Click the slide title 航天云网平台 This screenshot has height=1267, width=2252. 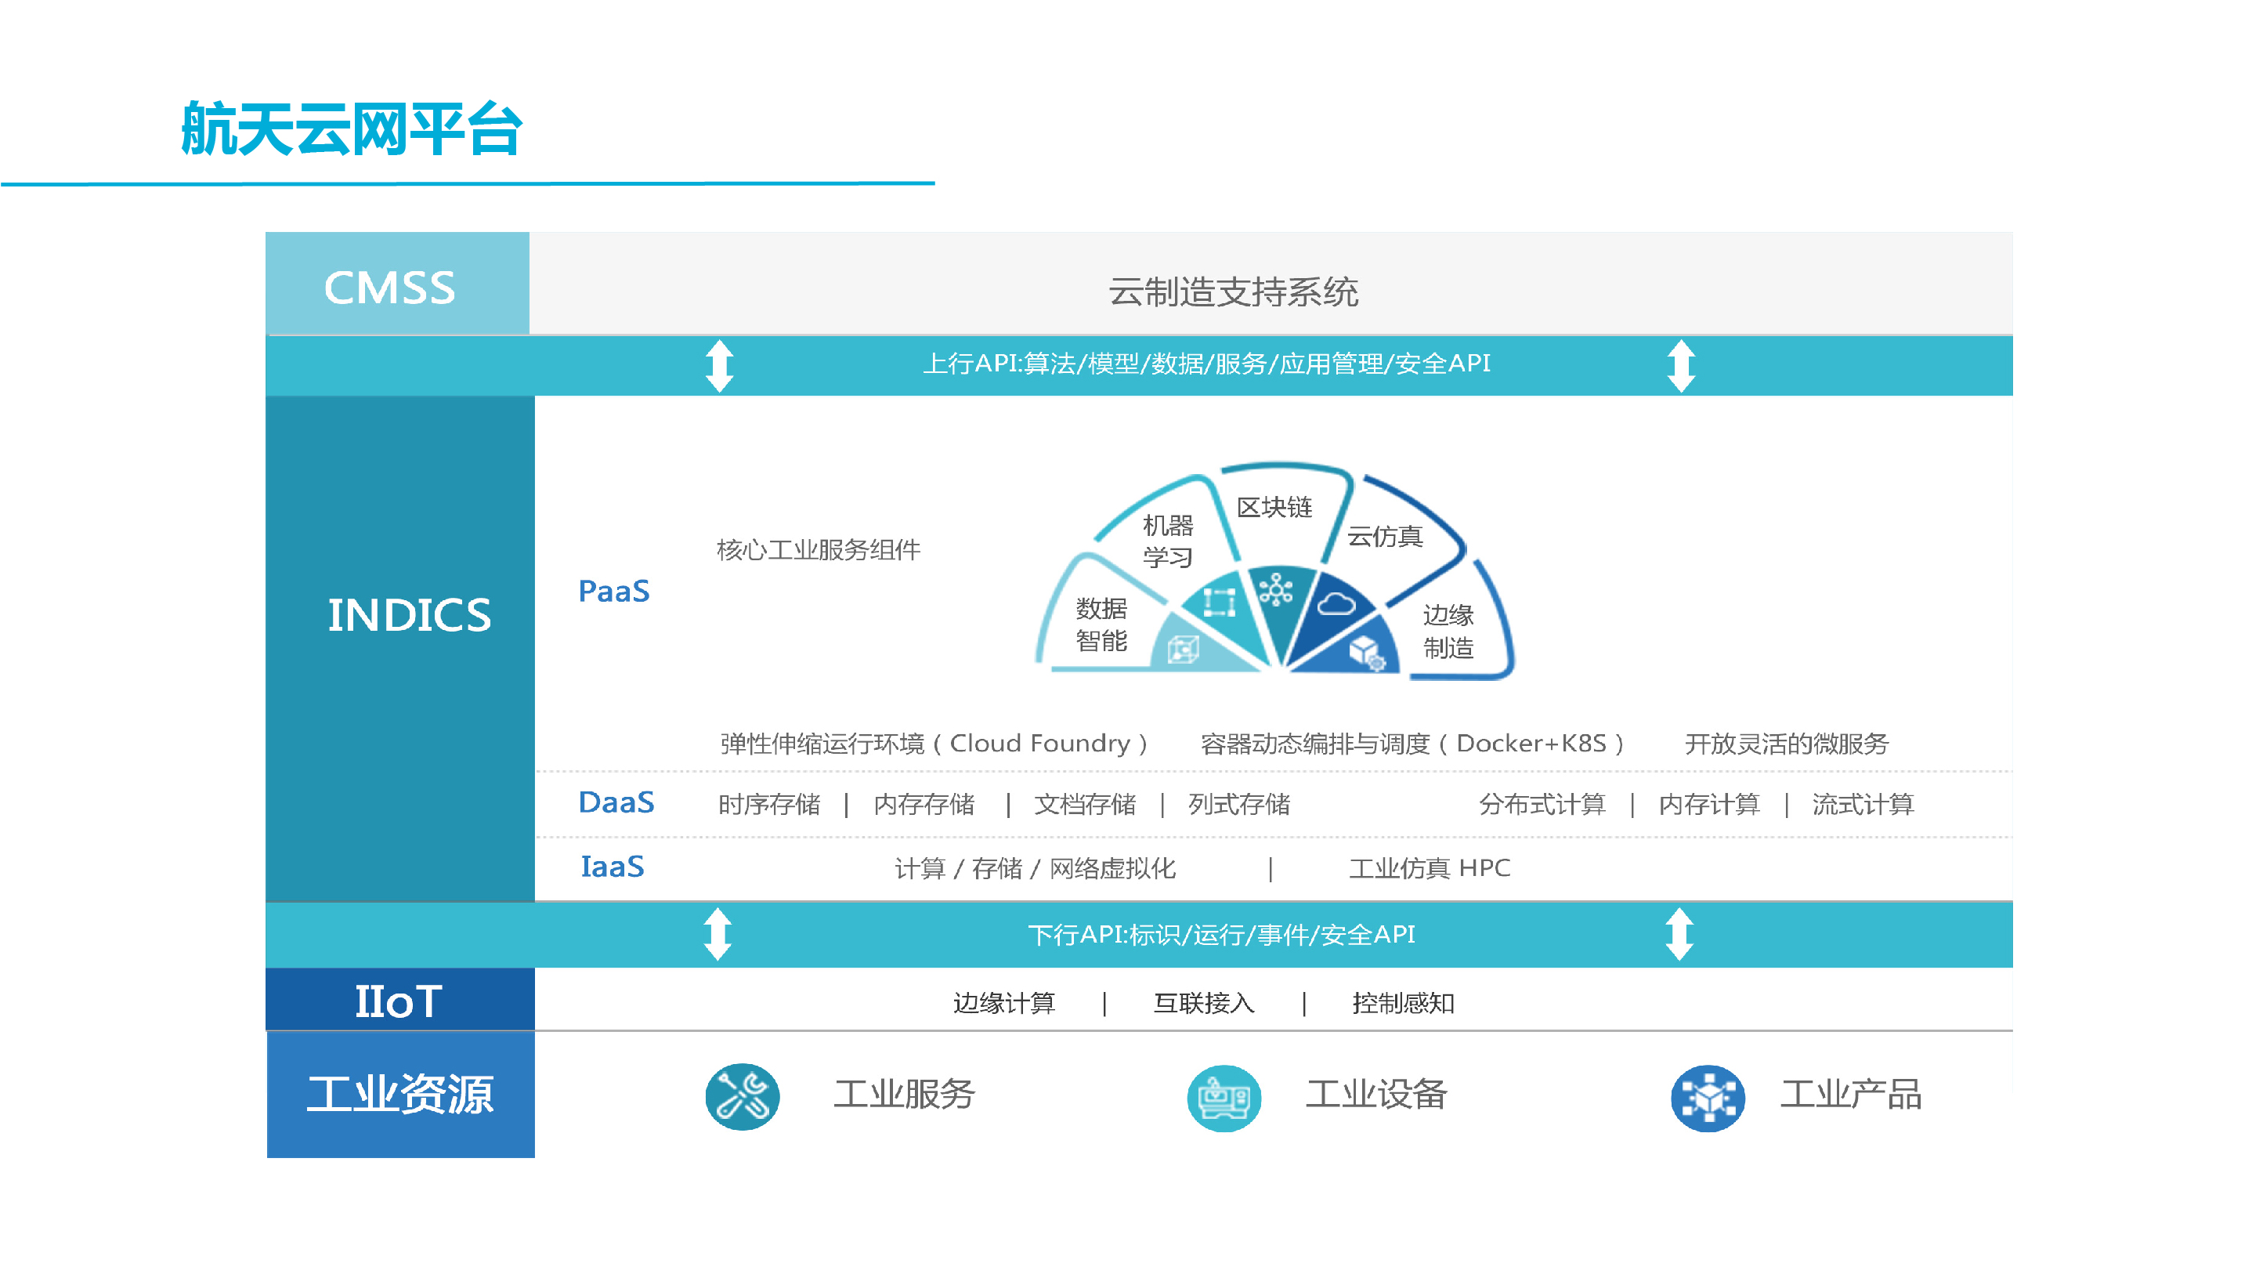[352, 129]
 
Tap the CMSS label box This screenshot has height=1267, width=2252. [397, 284]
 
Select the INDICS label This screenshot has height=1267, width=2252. [409, 615]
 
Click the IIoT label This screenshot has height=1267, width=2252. [399, 1001]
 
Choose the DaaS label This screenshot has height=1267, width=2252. [616, 802]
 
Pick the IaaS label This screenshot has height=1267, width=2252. [612, 867]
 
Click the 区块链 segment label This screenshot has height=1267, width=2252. [1274, 507]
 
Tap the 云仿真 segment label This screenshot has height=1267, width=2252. [1385, 536]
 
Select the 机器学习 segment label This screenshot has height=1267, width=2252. [1168, 541]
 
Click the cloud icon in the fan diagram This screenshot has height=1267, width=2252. [1336, 603]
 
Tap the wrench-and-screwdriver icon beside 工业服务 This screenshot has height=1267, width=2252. [743, 1096]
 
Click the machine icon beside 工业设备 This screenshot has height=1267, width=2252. [1224, 1098]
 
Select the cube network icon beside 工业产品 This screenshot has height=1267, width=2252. [1708, 1098]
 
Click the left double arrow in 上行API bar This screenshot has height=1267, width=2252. [720, 365]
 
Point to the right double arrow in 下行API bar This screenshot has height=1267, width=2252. [1679, 935]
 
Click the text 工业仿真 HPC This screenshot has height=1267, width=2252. [1430, 868]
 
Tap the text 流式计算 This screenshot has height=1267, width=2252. [1863, 805]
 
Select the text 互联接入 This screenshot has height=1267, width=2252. [1204, 1003]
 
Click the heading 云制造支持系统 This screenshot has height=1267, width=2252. [1233, 292]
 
